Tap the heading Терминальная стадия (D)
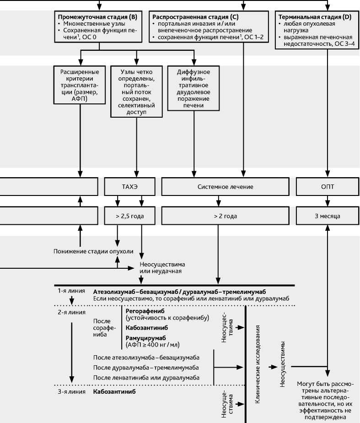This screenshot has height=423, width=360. coord(315,16)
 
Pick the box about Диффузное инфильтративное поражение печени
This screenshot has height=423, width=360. coord(194,89)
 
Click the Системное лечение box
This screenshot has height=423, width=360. coord(226,187)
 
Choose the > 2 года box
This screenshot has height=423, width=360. coord(226,215)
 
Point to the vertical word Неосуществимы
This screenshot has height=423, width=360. coord(283,364)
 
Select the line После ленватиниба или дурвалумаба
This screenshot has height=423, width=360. coord(146,377)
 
